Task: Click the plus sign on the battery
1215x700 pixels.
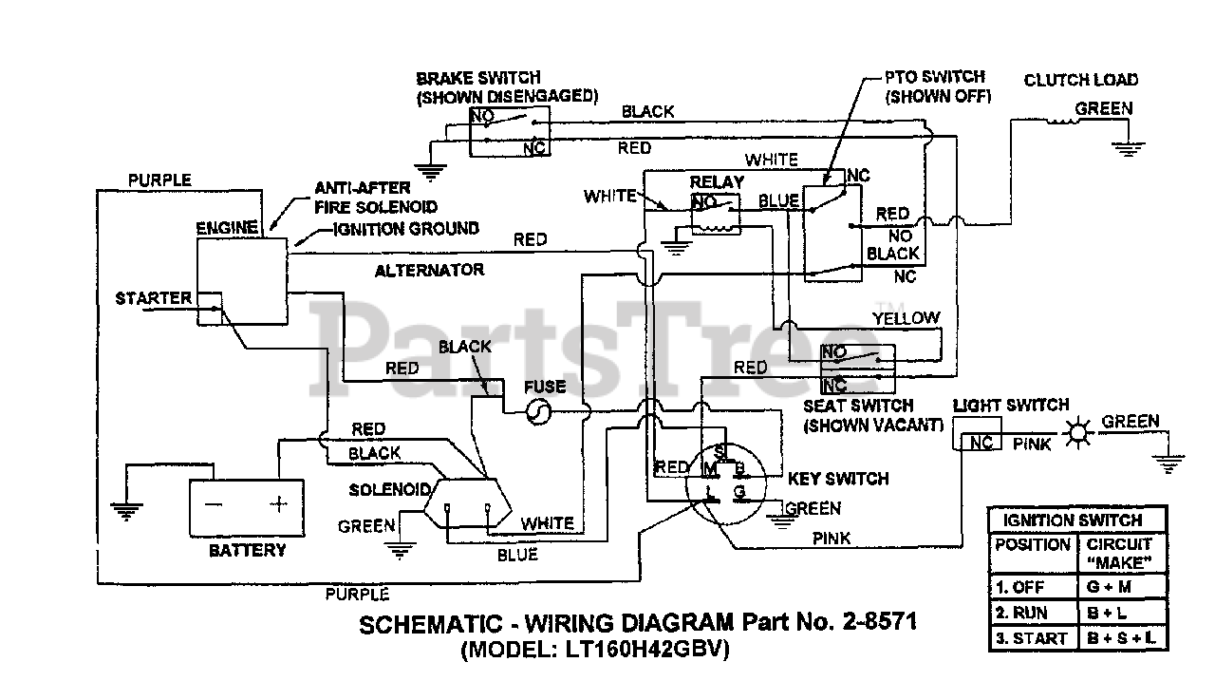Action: pos(278,504)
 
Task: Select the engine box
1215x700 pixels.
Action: pos(241,282)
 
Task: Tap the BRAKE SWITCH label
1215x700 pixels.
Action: pos(478,78)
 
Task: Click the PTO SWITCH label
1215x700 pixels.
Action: pos(934,76)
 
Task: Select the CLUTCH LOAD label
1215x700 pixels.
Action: pos(1080,80)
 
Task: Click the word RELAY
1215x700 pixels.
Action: pos(717,181)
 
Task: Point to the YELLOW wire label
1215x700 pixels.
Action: pos(906,318)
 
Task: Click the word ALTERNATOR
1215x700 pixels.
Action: pos(429,270)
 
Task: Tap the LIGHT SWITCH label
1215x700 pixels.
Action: pos(1010,405)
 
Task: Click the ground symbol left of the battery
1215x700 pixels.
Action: pos(124,510)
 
